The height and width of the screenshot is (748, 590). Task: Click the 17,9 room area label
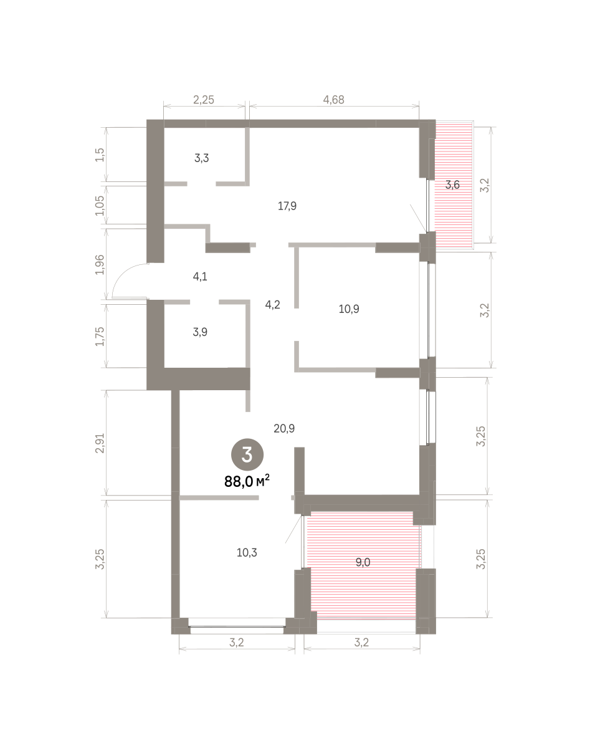tap(287, 206)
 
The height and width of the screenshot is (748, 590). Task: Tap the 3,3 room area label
tap(201, 158)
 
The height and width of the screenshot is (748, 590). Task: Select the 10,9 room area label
tap(349, 309)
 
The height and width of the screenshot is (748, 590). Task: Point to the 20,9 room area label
tap(284, 429)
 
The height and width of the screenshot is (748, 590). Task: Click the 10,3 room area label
tap(247, 552)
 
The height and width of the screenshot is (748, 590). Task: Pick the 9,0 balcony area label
tap(363, 562)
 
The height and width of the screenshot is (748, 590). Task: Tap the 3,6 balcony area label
tap(452, 185)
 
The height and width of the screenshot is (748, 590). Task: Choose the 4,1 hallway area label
tap(200, 277)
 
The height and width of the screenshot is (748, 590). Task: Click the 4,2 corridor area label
tap(272, 304)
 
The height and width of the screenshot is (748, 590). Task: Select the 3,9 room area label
tap(200, 332)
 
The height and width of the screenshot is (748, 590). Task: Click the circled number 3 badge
tap(247, 454)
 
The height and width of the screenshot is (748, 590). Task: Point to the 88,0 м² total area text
tap(247, 481)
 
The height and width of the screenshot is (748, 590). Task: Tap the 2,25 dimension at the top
tap(204, 100)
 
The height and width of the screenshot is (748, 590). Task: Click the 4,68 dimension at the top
tap(333, 100)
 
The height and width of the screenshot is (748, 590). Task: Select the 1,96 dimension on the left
tap(100, 264)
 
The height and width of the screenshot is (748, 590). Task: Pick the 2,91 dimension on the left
tap(100, 443)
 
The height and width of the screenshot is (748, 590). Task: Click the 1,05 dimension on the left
tap(100, 205)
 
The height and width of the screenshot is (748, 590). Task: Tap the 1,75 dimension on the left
tap(100, 336)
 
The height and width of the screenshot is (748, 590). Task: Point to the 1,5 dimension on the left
tap(100, 155)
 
